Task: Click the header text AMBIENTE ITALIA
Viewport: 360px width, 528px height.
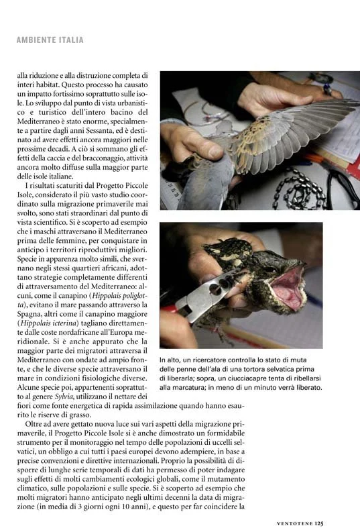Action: (x=50, y=40)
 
